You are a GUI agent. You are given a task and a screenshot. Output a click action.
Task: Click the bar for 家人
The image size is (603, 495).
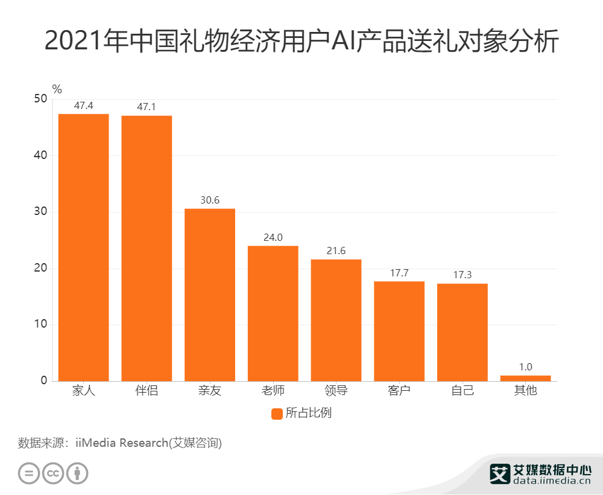point(83,247)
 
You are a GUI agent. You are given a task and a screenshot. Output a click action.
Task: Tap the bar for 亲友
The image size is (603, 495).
point(210,294)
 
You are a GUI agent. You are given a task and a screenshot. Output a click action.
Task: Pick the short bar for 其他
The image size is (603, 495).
point(525,378)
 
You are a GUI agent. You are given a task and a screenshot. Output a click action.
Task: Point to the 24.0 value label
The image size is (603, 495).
point(273,237)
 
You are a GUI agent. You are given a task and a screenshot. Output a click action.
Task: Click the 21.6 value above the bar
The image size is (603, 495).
point(336,251)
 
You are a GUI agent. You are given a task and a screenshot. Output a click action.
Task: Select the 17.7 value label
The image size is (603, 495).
point(399,273)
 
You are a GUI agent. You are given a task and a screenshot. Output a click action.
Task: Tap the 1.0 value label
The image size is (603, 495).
point(525,367)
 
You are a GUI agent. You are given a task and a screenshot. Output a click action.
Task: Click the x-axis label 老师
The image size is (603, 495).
point(273,390)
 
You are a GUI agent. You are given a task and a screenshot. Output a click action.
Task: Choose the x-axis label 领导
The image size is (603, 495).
point(336,390)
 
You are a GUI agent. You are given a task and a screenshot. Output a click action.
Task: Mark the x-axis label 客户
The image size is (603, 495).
point(399,390)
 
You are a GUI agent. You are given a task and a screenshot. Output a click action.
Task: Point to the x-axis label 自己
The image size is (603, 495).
point(463,390)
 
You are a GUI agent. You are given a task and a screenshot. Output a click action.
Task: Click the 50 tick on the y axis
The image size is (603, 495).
point(40,99)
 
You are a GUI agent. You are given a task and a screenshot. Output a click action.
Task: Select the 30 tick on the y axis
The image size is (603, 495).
point(40,212)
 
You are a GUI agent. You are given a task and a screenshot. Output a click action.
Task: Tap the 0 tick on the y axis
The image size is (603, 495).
point(44,381)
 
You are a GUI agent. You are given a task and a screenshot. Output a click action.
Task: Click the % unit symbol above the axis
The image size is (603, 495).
point(57,89)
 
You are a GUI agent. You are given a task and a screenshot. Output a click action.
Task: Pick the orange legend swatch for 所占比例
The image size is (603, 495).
point(277,414)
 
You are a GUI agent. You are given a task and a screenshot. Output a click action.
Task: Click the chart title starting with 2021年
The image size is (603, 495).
point(301,42)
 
